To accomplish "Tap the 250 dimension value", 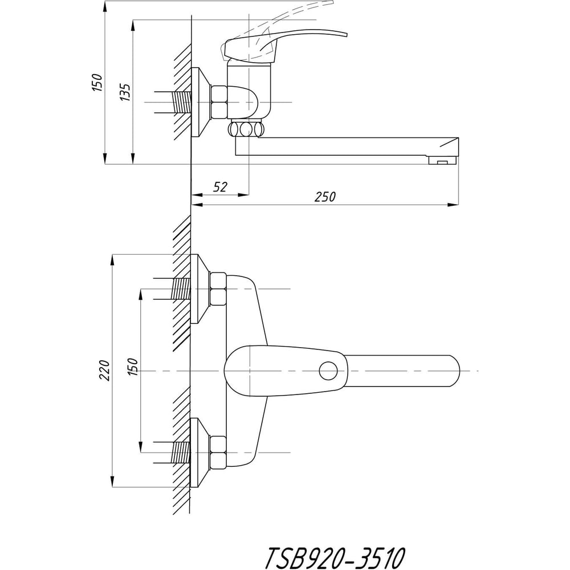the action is coord(325,197).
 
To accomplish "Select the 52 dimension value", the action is coord(220,187).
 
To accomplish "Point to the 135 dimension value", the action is coord(125,92).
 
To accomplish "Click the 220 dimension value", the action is coord(105,370).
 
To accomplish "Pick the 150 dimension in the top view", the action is coord(97,82).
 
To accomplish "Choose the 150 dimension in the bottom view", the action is coord(133,367).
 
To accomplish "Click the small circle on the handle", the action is coord(328,371).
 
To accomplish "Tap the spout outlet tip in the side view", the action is coord(443,160).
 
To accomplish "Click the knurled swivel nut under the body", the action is coord(246,129).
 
